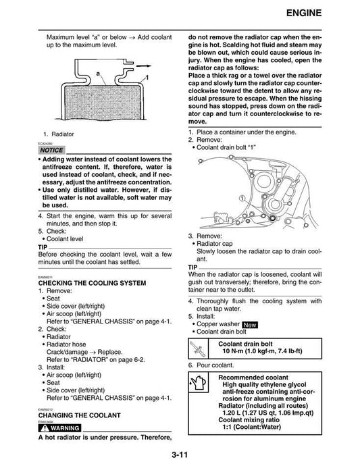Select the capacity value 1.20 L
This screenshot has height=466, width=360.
(x=236, y=413)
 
